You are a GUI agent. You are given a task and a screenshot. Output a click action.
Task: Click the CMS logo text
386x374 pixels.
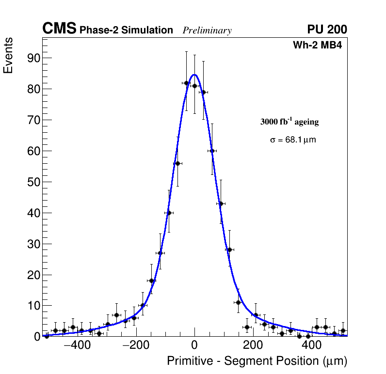coord(59,29)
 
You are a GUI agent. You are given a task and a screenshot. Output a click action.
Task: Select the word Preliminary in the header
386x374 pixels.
coord(207,31)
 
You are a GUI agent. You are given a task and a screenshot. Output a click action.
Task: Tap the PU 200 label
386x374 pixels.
coord(327,30)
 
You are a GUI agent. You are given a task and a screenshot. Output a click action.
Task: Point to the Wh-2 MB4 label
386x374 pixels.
coord(318,46)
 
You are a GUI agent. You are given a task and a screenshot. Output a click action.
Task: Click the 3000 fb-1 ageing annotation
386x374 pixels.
coord(289,122)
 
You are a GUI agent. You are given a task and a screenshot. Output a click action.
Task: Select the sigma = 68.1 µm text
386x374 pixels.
coord(293,140)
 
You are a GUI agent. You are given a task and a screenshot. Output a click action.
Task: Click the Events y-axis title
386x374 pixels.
coord(8,56)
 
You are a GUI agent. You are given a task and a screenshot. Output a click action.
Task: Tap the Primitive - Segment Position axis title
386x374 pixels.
coord(257,361)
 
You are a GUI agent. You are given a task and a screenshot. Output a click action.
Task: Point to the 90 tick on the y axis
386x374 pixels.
coord(32,58)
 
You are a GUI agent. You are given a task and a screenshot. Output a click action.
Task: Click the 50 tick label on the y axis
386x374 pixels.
coord(32,182)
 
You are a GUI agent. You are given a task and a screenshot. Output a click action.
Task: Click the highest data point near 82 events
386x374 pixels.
coord(186,83)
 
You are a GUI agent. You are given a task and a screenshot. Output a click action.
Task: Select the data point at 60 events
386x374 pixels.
coord(212,151)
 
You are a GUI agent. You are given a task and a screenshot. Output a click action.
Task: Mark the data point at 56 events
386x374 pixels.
coord(177,163)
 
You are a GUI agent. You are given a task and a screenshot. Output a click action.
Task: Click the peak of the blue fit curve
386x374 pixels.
coord(194,75)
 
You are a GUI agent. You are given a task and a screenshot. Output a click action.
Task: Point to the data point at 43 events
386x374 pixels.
coord(221,203)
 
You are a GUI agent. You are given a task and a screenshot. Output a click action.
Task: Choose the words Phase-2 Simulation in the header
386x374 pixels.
coord(126,31)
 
